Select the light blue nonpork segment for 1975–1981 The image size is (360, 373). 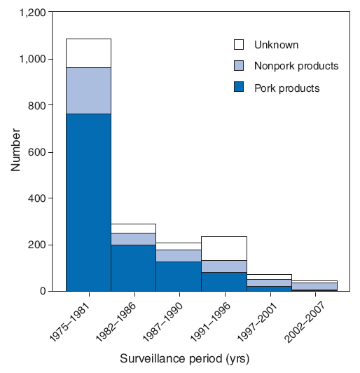[x=88, y=90]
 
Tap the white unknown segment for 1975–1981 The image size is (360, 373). [x=88, y=53]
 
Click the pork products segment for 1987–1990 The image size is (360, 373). [x=178, y=276]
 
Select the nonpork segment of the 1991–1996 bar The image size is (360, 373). [x=223, y=266]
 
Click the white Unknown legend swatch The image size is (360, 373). [x=239, y=45]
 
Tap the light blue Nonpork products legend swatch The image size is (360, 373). [x=239, y=67]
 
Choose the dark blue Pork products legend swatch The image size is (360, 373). [x=239, y=88]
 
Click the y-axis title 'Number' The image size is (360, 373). [x=15, y=151]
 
